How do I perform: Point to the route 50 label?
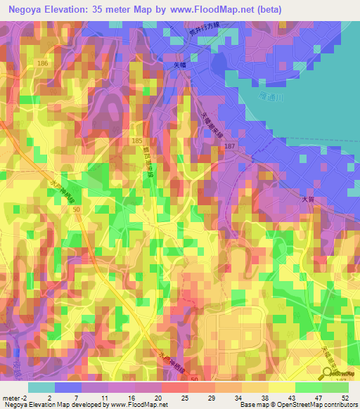click(75, 210)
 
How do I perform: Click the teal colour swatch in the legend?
click(41, 387)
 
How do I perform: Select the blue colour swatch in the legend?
click(68, 387)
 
